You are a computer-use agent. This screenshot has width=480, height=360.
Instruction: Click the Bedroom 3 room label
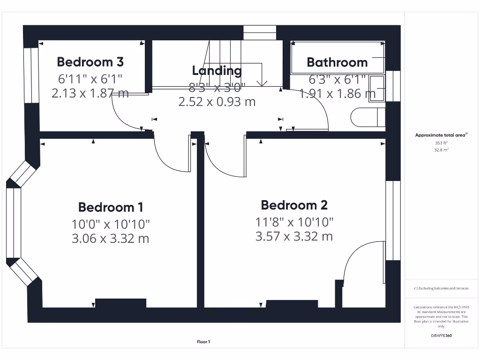(x=90, y=61)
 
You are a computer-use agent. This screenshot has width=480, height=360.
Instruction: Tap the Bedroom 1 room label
(x=111, y=207)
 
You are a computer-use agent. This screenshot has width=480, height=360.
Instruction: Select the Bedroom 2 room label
(x=294, y=205)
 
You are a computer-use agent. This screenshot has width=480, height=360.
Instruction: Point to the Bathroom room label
(x=337, y=62)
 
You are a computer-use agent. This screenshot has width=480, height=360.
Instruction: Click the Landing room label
(x=217, y=71)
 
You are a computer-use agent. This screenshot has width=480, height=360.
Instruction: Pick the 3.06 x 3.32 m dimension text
(x=111, y=239)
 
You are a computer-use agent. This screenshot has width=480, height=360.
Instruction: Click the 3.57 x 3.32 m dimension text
(x=294, y=236)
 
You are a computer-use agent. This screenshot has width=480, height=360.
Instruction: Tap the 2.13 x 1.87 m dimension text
(x=90, y=93)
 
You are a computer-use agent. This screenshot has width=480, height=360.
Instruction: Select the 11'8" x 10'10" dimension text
(x=294, y=221)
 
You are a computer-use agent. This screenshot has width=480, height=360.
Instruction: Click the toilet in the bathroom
(x=368, y=118)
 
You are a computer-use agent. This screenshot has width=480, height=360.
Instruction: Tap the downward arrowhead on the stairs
(x=262, y=83)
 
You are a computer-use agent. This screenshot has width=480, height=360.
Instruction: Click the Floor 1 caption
(x=203, y=342)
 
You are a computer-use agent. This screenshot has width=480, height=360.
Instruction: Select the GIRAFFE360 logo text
(x=441, y=336)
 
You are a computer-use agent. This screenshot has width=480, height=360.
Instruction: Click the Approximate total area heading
(x=441, y=135)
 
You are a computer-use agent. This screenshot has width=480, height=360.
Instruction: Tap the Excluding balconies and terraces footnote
(x=441, y=288)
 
